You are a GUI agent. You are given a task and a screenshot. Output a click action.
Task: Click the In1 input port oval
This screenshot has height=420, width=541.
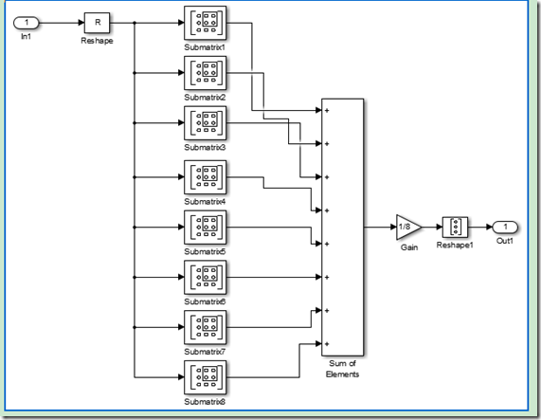click(27, 23)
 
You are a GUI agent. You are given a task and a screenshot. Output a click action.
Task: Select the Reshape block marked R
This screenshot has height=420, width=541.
click(97, 23)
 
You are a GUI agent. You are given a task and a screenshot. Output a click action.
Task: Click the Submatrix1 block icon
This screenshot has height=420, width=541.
click(206, 23)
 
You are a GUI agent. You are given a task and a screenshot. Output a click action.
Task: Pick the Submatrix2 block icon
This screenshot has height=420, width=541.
click(206, 73)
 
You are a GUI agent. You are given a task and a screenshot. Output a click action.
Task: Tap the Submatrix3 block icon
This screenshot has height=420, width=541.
click(206, 123)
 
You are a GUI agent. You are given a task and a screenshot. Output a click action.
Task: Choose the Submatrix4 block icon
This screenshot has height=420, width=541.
click(206, 177)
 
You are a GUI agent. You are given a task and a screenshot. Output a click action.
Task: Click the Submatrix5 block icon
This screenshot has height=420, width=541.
click(206, 228)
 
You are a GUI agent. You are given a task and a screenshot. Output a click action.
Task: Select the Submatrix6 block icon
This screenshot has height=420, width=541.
click(206, 277)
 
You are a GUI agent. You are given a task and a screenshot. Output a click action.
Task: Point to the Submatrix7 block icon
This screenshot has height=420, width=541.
click(206, 327)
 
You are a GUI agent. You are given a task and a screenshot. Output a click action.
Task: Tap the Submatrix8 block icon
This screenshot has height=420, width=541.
click(206, 377)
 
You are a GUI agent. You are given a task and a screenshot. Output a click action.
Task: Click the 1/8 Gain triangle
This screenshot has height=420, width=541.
click(407, 228)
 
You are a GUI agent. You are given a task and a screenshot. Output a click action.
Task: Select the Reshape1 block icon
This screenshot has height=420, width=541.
click(455, 228)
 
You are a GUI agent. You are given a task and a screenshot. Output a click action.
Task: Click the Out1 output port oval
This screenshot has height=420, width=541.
click(505, 228)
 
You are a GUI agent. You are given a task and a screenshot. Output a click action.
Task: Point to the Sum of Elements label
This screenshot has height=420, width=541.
click(342, 369)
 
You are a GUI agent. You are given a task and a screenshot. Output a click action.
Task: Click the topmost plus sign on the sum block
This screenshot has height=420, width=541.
click(327, 110)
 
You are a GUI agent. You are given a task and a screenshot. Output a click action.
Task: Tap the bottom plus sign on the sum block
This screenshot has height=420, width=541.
click(327, 344)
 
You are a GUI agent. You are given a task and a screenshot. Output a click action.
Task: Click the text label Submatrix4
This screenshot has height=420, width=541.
click(205, 201)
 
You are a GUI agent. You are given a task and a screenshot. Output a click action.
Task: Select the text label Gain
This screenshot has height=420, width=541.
click(409, 247)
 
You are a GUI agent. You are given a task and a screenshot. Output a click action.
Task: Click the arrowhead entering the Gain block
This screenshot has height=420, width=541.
click(393, 228)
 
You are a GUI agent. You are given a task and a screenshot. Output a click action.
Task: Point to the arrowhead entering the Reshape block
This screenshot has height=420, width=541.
click(81, 23)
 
